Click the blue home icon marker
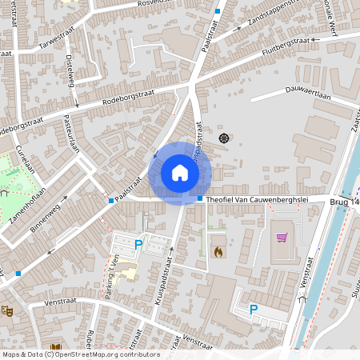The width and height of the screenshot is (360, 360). (180, 172)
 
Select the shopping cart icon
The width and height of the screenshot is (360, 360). (282, 237)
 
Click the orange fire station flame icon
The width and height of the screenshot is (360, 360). (218, 251)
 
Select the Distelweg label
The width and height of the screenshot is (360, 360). (70, 72)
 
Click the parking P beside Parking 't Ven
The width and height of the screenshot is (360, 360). (138, 245)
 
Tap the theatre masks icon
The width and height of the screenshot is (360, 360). (8, 310)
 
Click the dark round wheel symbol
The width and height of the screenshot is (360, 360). (223, 138)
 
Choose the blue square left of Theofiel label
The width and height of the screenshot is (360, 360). (199, 199)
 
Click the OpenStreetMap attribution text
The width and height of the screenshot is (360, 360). (80, 354)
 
